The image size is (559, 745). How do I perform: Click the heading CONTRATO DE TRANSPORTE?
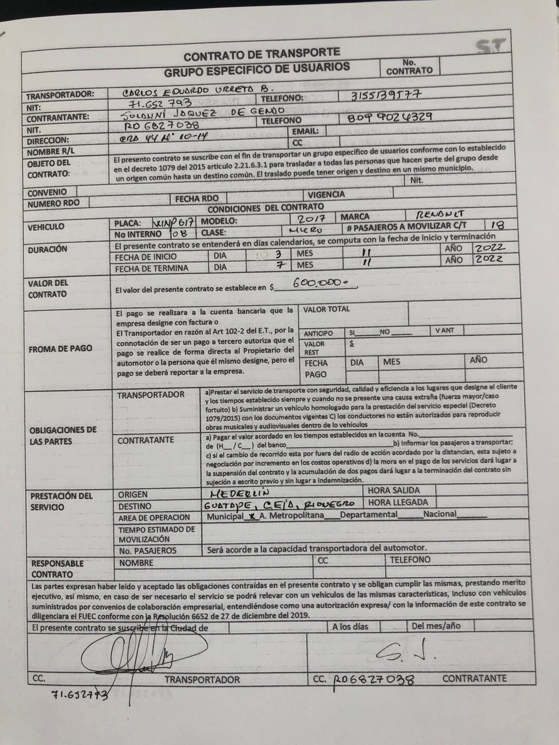[261, 54]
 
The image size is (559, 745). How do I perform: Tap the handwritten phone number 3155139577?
[388, 94]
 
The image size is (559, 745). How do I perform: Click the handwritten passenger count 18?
[497, 225]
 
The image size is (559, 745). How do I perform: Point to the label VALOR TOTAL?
[326, 309]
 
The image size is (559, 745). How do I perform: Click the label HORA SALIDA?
[394, 490]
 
